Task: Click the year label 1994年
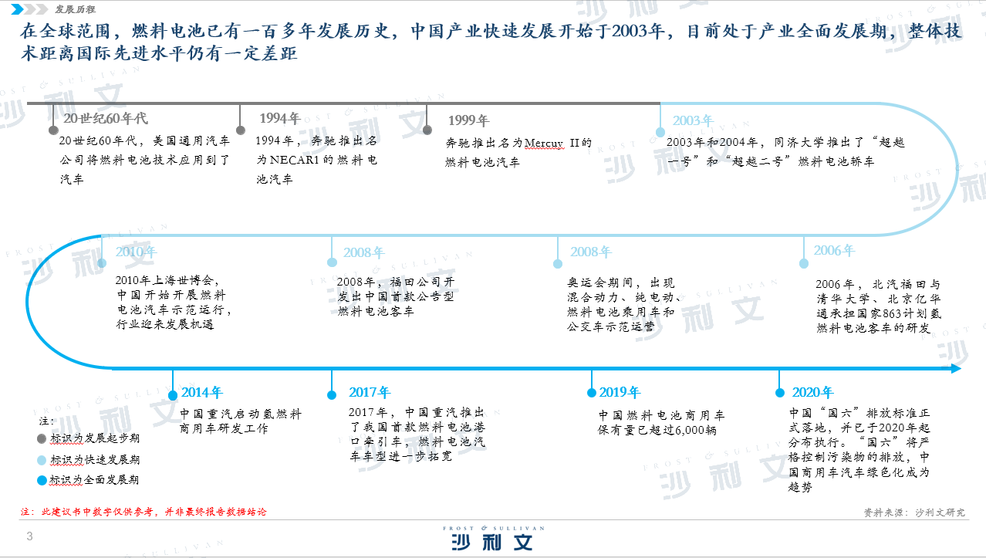280,118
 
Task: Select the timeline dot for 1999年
427,130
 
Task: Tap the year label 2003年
693,120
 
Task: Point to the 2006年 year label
834,250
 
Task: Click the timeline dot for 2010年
102,263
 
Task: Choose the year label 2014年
202,392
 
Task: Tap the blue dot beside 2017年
332,395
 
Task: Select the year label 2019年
620,392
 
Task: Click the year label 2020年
812,392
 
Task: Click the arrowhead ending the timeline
956,369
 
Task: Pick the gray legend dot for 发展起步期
42,438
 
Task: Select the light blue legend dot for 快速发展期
42,460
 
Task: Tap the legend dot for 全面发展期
42,480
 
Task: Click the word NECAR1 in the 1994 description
294,160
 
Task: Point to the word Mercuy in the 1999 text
544,143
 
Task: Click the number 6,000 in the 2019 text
690,431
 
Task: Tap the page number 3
29,536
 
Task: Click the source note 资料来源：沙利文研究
914,512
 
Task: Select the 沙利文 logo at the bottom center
493,538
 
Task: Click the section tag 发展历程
75,9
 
